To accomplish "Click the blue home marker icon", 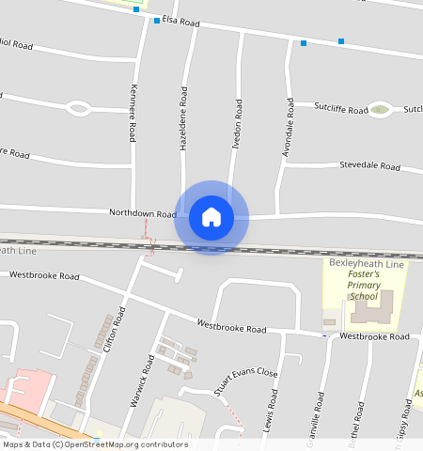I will click(211, 217).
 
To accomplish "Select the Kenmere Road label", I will click(134, 113).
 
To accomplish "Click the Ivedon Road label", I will click(238, 122).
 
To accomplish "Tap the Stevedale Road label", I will click(369, 165).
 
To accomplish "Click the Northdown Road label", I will click(142, 214).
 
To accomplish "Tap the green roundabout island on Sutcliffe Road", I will click(380, 110).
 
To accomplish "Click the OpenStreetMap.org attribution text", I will click(126, 444).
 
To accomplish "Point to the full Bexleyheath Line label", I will click(366, 265).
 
